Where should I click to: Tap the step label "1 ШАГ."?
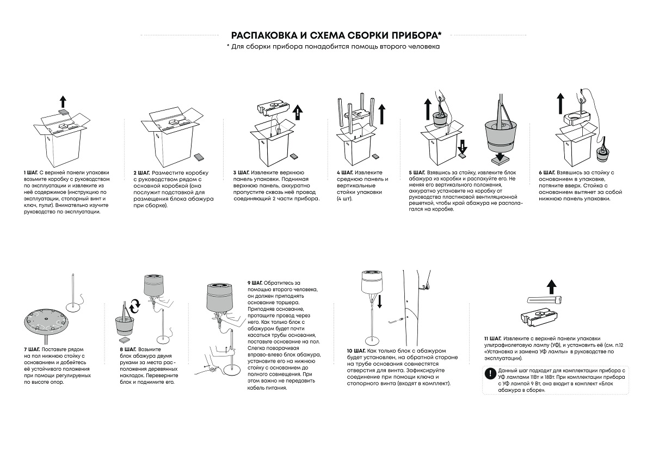pyautogui.click(x=30, y=172)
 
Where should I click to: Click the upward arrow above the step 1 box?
pyautogui.click(x=63, y=101)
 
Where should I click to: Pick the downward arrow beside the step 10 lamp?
pyautogui.click(x=379, y=300)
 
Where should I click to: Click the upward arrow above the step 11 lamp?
pyautogui.click(x=551, y=285)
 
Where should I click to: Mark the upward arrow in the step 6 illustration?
pyautogui.click(x=560, y=102)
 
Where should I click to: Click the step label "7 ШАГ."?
pyautogui.click(x=31, y=348)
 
